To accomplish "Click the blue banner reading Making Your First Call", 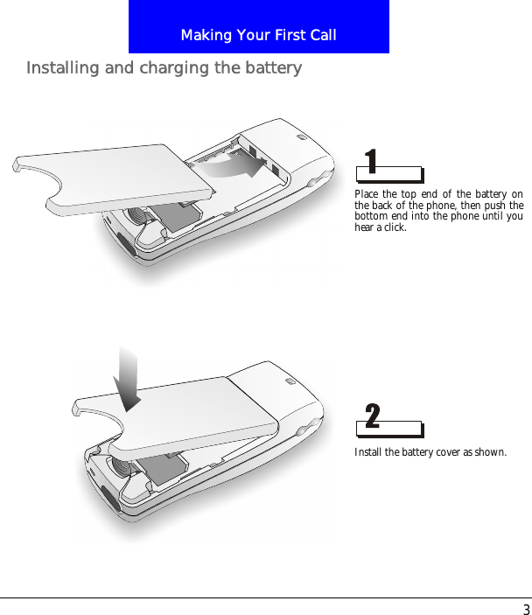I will coord(258,27).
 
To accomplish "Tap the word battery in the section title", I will coord(271,68).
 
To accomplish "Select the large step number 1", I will coord(371,162).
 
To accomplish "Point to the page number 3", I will coord(525,609).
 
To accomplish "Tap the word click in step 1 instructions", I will coord(395,227).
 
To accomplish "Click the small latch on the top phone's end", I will coord(302,136).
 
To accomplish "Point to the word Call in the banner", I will coord(321,35).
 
